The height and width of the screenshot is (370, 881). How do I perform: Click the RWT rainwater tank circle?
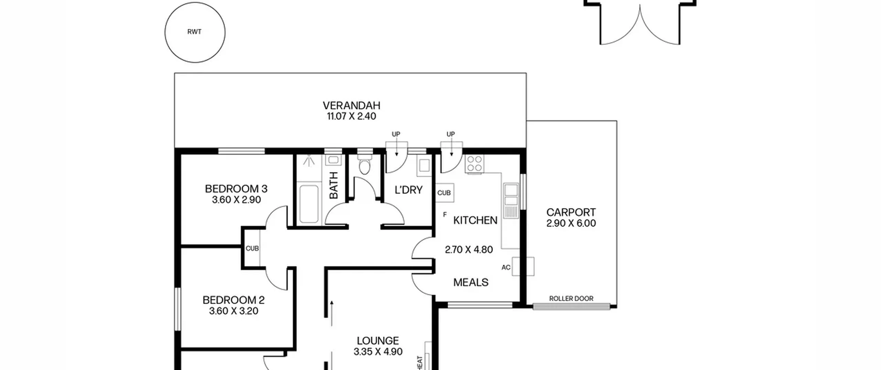[x=165, y=32]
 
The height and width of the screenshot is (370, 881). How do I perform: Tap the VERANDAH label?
[x=351, y=105]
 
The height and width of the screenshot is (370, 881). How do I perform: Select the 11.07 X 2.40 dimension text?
[x=351, y=116]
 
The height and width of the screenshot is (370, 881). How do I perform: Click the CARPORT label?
[x=571, y=212]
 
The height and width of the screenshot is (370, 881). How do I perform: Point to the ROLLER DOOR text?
[x=571, y=298]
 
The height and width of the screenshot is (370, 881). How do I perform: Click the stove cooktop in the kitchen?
[x=474, y=164]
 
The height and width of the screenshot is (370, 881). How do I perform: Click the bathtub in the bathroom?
[x=309, y=204]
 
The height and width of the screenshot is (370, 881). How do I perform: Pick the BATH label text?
[x=334, y=185]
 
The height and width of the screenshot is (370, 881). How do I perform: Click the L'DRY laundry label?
[x=408, y=190]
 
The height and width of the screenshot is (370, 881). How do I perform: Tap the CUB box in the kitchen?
[x=445, y=193]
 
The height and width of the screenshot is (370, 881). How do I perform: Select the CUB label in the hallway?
[x=252, y=248]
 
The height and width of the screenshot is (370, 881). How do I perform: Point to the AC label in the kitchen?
[x=506, y=267]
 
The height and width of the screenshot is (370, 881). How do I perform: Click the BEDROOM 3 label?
[x=236, y=189]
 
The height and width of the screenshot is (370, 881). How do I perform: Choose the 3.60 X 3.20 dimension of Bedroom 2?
[x=234, y=311]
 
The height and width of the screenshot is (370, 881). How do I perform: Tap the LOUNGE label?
[x=378, y=341]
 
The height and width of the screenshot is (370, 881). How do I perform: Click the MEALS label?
[x=471, y=282]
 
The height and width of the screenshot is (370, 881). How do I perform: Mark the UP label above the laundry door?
[x=396, y=134]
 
